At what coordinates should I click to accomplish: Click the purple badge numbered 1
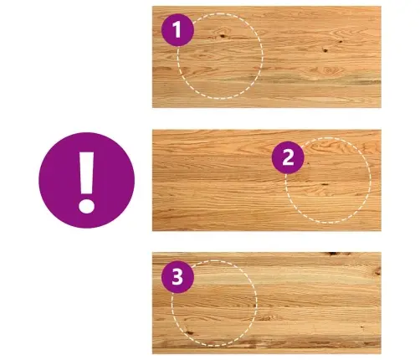[x=177, y=30]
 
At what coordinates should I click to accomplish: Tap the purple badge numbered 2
[x=288, y=157]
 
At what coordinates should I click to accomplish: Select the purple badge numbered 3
[x=177, y=277]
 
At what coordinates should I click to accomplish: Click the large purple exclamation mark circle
[x=87, y=180]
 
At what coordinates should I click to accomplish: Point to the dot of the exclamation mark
[x=86, y=206]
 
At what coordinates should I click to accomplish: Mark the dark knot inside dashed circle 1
[x=223, y=35]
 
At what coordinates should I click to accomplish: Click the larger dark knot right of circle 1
[x=325, y=50]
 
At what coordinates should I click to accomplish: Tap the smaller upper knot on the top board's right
[x=341, y=42]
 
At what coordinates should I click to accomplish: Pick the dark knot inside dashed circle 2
[x=325, y=184]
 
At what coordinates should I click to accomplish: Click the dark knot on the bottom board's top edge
[x=334, y=254]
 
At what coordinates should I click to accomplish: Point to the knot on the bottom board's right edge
[x=377, y=271]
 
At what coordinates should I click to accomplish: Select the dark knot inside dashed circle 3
[x=189, y=332]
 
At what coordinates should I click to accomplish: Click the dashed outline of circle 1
[x=263, y=56]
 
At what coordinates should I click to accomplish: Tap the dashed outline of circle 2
[x=371, y=180]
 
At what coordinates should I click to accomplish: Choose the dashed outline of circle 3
[x=257, y=303]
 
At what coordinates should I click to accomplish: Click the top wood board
[x=267, y=57]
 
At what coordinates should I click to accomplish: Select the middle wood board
[x=267, y=180]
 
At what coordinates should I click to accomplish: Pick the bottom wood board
[x=267, y=303]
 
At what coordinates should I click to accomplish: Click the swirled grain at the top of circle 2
[x=329, y=147]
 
